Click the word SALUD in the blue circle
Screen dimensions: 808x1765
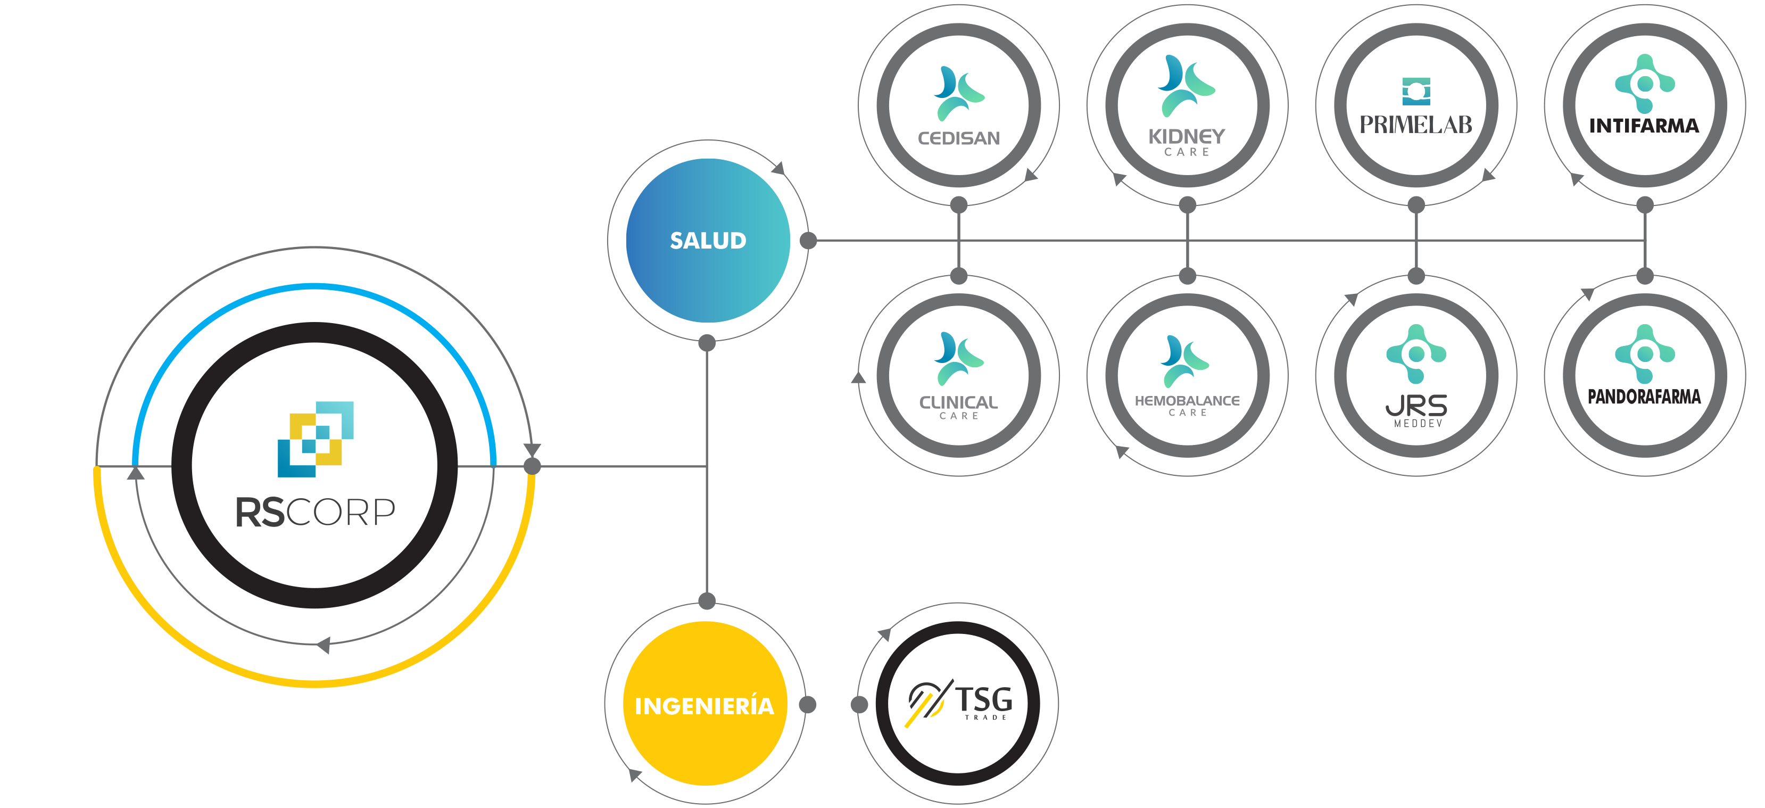708,241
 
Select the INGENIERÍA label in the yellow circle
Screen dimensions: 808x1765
705,706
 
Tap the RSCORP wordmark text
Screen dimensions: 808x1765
315,512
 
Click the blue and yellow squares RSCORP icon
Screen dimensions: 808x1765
315,439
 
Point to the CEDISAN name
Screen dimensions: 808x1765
958,138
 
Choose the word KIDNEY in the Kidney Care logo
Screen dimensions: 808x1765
1187,136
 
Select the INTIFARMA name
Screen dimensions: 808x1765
1644,126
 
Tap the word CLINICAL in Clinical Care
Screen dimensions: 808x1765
958,402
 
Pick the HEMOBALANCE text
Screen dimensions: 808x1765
1187,401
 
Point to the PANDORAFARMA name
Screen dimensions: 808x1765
1644,397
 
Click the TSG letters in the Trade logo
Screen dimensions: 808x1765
984,700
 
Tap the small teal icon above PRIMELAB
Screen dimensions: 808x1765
1415,91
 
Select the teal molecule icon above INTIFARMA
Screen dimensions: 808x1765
1644,84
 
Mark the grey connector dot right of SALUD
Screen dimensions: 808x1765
808,241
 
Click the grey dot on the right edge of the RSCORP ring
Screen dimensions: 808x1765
533,467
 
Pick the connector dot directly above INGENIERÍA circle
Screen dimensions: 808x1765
707,601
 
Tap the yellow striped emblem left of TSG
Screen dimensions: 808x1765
926,703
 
